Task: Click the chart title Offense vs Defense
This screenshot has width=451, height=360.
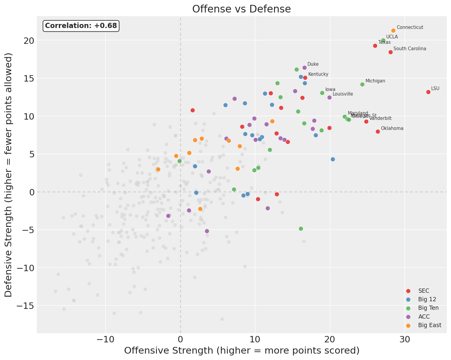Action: click(241, 9)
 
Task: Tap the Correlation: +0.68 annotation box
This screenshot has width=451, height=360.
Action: click(81, 26)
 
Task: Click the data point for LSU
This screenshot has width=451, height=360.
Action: click(428, 92)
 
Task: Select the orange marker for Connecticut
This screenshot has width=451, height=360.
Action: click(393, 30)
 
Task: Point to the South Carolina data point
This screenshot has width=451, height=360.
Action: click(390, 52)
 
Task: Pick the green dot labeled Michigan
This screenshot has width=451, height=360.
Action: click(362, 84)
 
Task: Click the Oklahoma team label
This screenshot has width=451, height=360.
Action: click(392, 128)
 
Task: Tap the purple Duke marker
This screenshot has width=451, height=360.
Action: click(304, 68)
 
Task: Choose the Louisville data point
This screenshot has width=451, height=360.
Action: click(329, 97)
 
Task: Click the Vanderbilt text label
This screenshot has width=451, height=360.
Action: click(380, 118)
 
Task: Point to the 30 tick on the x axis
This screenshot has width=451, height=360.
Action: click(404, 339)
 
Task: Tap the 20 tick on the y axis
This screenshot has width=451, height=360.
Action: click(30, 40)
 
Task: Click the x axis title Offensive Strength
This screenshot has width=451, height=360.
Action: click(241, 351)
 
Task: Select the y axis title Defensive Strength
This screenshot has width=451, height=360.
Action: click(9, 175)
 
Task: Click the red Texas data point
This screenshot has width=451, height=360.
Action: click(375, 46)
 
